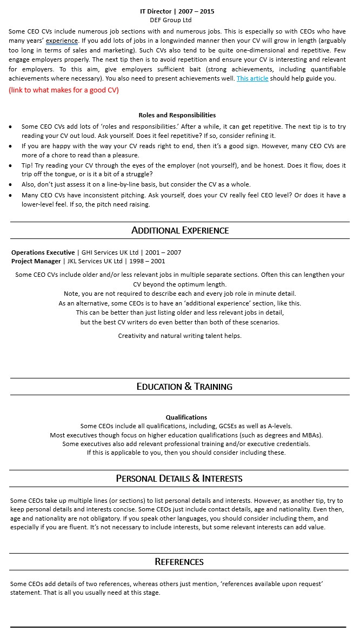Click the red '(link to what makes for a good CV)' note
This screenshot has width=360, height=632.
coord(64,90)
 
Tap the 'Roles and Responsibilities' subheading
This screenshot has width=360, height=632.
coord(177,115)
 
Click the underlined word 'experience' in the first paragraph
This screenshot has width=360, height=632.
coord(62,41)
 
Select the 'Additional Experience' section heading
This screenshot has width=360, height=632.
coord(180,230)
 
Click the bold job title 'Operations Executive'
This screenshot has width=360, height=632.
coord(43,252)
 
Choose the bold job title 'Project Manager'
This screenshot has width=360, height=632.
coord(36,261)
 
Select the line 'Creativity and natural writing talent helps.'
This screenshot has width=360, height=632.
coord(179,336)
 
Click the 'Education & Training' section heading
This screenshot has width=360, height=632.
coord(184,387)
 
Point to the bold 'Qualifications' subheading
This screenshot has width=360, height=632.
coord(186,417)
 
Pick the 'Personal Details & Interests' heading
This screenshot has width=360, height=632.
coord(179,478)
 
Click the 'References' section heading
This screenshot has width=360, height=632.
coord(179,562)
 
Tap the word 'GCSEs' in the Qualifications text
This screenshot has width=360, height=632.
coord(229,426)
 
